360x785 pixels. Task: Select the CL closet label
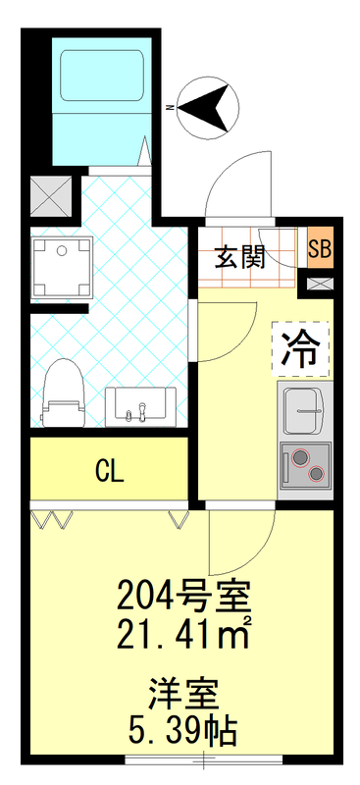pyautogui.click(x=109, y=471)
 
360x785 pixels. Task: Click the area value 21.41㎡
pyautogui.click(x=183, y=638)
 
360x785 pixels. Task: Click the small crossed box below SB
pyautogui.click(x=320, y=284)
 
